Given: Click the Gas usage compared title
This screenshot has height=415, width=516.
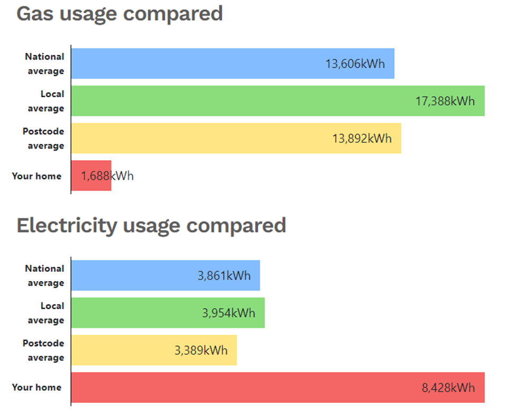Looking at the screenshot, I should pyautogui.click(x=120, y=14).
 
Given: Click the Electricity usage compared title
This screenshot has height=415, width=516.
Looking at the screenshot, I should pyautogui.click(x=151, y=226).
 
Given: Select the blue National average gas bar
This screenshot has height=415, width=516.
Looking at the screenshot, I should pyautogui.click(x=196, y=63).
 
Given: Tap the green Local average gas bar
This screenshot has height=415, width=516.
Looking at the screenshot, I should pyautogui.click(x=238, y=101).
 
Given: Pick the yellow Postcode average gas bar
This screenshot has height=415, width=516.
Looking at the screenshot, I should pyautogui.click(x=201, y=139).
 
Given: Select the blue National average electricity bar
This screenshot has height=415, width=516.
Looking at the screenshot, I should pyautogui.click(x=132, y=275).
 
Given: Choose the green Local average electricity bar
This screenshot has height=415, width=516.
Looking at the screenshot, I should pyautogui.click(x=132, y=313).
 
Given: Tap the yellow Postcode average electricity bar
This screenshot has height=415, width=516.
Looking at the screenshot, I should pyautogui.click(x=122, y=350).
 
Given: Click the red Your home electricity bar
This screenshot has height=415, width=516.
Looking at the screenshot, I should pyautogui.click(x=238, y=388).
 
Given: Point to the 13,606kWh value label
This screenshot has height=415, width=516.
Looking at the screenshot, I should pyautogui.click(x=355, y=64).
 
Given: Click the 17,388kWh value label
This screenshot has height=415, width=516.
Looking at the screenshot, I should pyautogui.click(x=445, y=101).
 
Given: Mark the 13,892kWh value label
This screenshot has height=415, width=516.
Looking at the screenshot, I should pyautogui.click(x=362, y=139).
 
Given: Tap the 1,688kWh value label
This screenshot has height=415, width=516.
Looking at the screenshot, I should pyautogui.click(x=107, y=176).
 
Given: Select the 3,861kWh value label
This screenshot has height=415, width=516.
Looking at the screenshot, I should pyautogui.click(x=224, y=275).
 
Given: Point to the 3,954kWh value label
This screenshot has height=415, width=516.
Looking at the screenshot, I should pyautogui.click(x=229, y=313).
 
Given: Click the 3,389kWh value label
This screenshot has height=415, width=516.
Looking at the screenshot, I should pyautogui.click(x=201, y=350).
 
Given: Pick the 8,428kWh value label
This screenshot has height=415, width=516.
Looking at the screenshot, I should pyautogui.click(x=448, y=388).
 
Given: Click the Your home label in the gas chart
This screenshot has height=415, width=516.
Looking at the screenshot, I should pyautogui.click(x=37, y=176).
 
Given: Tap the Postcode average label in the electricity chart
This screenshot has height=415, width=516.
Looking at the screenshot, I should pyautogui.click(x=44, y=350).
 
